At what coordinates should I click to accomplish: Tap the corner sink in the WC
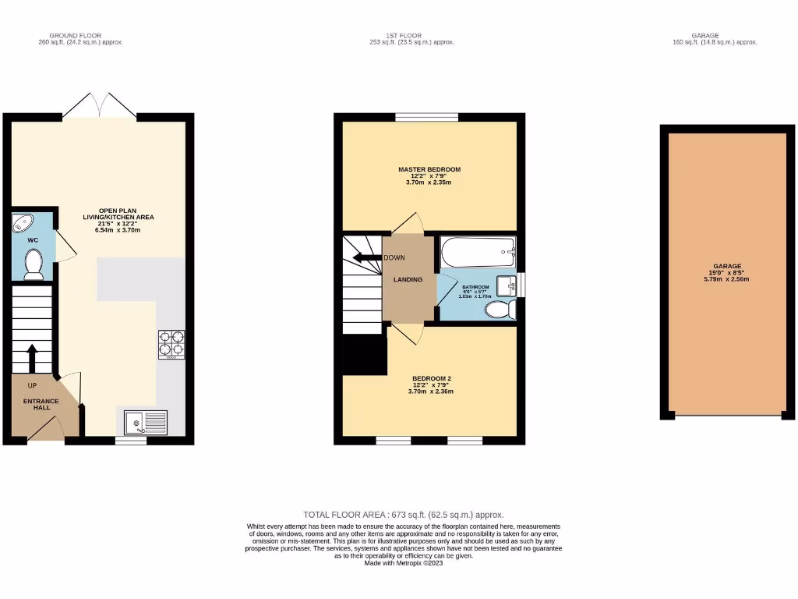pyautogui.click(x=22, y=224)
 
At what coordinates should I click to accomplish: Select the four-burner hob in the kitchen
pyautogui.click(x=171, y=344)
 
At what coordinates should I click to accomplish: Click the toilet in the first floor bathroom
pyautogui.click(x=499, y=310)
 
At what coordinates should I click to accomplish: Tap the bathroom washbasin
pyautogui.click(x=507, y=285)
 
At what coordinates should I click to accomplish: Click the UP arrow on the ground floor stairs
pyautogui.click(x=32, y=359)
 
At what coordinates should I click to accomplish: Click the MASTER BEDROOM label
pyautogui.click(x=429, y=169)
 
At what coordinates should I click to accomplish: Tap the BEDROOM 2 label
pyautogui.click(x=432, y=378)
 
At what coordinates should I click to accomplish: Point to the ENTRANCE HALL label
pyautogui.click(x=41, y=404)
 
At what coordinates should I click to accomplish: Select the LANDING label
pyautogui.click(x=408, y=279)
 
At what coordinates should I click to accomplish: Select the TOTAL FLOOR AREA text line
pyautogui.click(x=404, y=515)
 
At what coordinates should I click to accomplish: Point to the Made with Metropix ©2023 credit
pyautogui.click(x=403, y=563)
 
